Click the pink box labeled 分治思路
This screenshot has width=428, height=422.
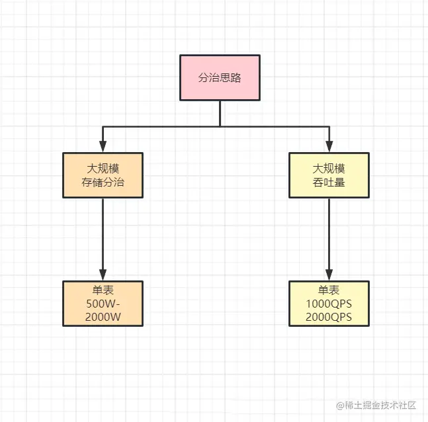(220, 77)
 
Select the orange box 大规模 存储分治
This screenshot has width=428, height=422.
(103, 175)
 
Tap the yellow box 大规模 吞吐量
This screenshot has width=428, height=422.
(329, 175)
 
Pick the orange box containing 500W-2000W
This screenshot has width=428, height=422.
(103, 304)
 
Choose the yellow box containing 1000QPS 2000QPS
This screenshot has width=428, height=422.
(329, 304)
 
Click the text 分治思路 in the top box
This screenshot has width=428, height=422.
(220, 77)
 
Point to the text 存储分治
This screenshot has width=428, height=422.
(103, 183)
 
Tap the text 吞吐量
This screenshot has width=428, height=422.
(329, 183)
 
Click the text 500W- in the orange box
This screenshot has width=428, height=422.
(103, 304)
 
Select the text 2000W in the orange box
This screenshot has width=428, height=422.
(103, 316)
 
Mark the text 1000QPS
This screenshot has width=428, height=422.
(329, 304)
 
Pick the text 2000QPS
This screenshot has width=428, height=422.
(329, 316)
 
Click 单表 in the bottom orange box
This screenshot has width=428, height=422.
(103, 291)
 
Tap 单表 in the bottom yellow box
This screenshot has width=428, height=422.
(329, 291)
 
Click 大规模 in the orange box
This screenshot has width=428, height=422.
(103, 167)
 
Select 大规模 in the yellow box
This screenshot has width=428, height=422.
(329, 167)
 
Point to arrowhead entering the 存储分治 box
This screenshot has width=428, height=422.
(103, 148)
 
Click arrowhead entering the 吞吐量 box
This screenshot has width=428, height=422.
(329, 148)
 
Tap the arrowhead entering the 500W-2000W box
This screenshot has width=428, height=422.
(103, 275)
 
